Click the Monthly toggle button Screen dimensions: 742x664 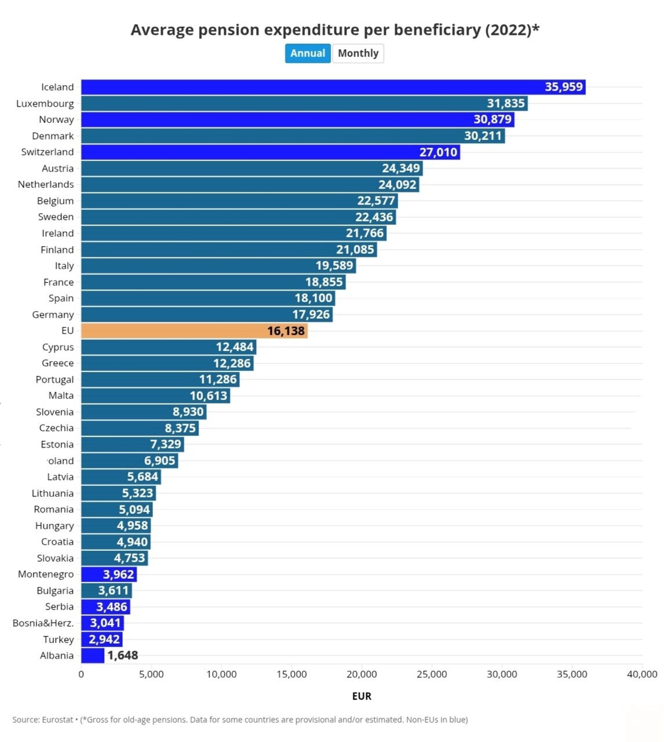point(357,53)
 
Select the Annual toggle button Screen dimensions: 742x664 point(308,53)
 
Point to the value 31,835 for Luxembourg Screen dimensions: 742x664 point(506,103)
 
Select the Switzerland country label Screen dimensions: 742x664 point(48,152)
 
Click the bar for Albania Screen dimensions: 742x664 point(92,656)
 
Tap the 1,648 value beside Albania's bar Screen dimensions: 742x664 point(123,656)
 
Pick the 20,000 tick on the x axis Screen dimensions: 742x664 point(362,674)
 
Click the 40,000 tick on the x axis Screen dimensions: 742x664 point(642,674)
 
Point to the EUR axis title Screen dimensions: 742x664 point(362,696)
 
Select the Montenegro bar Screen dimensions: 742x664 point(108,574)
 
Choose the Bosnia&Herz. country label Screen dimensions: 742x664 point(43,623)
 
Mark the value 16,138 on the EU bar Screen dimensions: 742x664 point(286,331)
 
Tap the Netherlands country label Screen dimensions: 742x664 point(46,184)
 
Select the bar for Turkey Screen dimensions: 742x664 point(101,639)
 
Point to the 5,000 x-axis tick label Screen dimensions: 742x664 point(151,674)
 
